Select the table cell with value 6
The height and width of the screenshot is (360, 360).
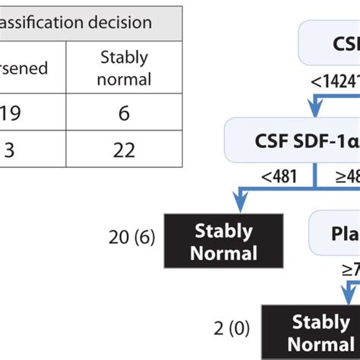(125, 114)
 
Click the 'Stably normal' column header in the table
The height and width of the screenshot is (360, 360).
(125, 68)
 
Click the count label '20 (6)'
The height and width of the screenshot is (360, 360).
(132, 238)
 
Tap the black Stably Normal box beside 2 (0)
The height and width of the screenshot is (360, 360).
(311, 332)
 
